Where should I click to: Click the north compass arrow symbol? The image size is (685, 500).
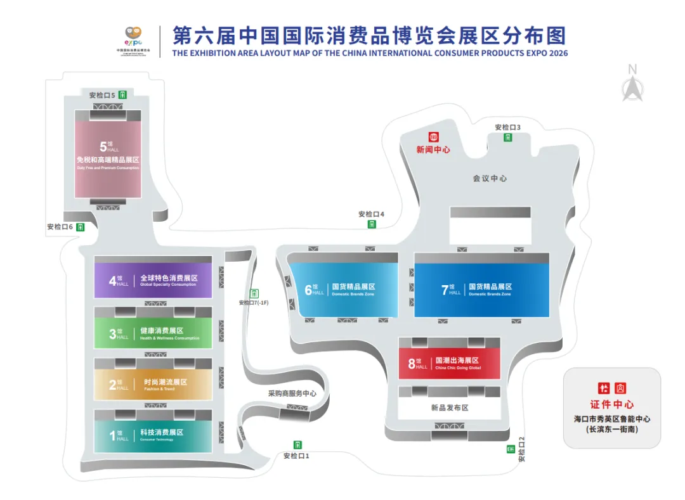(x=632, y=88)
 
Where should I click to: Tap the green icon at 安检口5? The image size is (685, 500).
(x=122, y=95)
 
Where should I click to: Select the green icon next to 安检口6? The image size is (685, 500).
(x=81, y=227)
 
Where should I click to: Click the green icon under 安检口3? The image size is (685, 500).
(x=508, y=138)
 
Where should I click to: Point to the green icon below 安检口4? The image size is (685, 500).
(x=372, y=224)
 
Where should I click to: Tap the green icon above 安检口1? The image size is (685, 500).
(x=297, y=445)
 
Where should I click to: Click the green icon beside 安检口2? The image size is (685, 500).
(x=511, y=449)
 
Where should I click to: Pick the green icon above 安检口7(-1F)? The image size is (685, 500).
(x=254, y=293)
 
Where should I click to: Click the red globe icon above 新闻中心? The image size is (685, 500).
(x=434, y=137)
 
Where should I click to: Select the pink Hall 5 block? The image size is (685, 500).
(x=108, y=159)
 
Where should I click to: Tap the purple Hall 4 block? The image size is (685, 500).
(x=153, y=280)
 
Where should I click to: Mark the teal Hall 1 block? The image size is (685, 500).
(x=153, y=435)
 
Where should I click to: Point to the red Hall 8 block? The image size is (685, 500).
(x=449, y=362)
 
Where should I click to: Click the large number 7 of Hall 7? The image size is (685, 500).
(x=444, y=290)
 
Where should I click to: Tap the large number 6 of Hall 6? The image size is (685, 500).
(x=308, y=290)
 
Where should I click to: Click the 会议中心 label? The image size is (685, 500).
(x=489, y=179)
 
